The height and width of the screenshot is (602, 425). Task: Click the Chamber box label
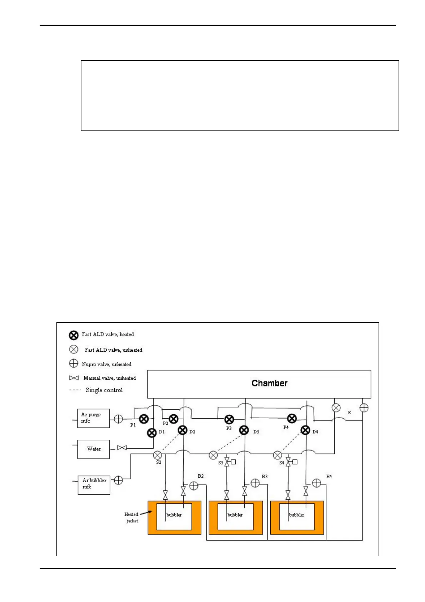(x=269, y=383)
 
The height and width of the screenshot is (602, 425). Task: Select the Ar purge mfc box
(x=94, y=418)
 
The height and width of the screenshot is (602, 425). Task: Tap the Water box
(x=94, y=449)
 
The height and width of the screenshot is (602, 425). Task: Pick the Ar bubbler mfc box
(x=94, y=484)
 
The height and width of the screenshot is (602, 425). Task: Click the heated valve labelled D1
(x=152, y=433)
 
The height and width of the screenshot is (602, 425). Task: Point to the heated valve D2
(x=182, y=430)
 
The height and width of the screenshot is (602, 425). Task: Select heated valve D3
(x=244, y=430)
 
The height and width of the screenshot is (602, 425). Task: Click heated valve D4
(x=305, y=430)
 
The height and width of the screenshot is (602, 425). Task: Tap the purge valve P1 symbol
(x=144, y=419)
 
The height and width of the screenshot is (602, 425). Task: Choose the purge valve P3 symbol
(x=229, y=419)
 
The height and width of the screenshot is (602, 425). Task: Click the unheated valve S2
(x=157, y=455)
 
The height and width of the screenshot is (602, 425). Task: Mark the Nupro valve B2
(x=194, y=486)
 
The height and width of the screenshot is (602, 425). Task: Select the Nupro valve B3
(x=255, y=483)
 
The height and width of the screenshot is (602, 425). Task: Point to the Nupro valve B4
(x=316, y=483)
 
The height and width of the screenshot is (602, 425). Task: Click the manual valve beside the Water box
(x=122, y=448)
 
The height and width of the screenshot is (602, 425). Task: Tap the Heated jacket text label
(x=131, y=517)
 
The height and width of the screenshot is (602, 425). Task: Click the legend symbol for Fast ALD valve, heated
(x=74, y=335)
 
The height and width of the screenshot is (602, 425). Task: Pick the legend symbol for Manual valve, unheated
(x=74, y=378)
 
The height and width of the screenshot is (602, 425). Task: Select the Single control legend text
(x=104, y=390)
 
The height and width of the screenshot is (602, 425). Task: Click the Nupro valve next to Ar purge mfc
(x=118, y=419)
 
